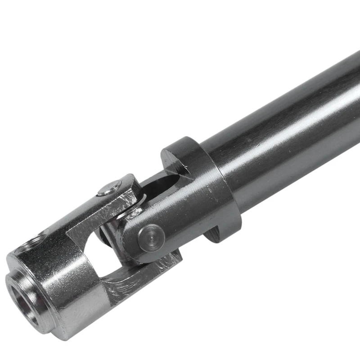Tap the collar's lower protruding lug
[x=216, y=234]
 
